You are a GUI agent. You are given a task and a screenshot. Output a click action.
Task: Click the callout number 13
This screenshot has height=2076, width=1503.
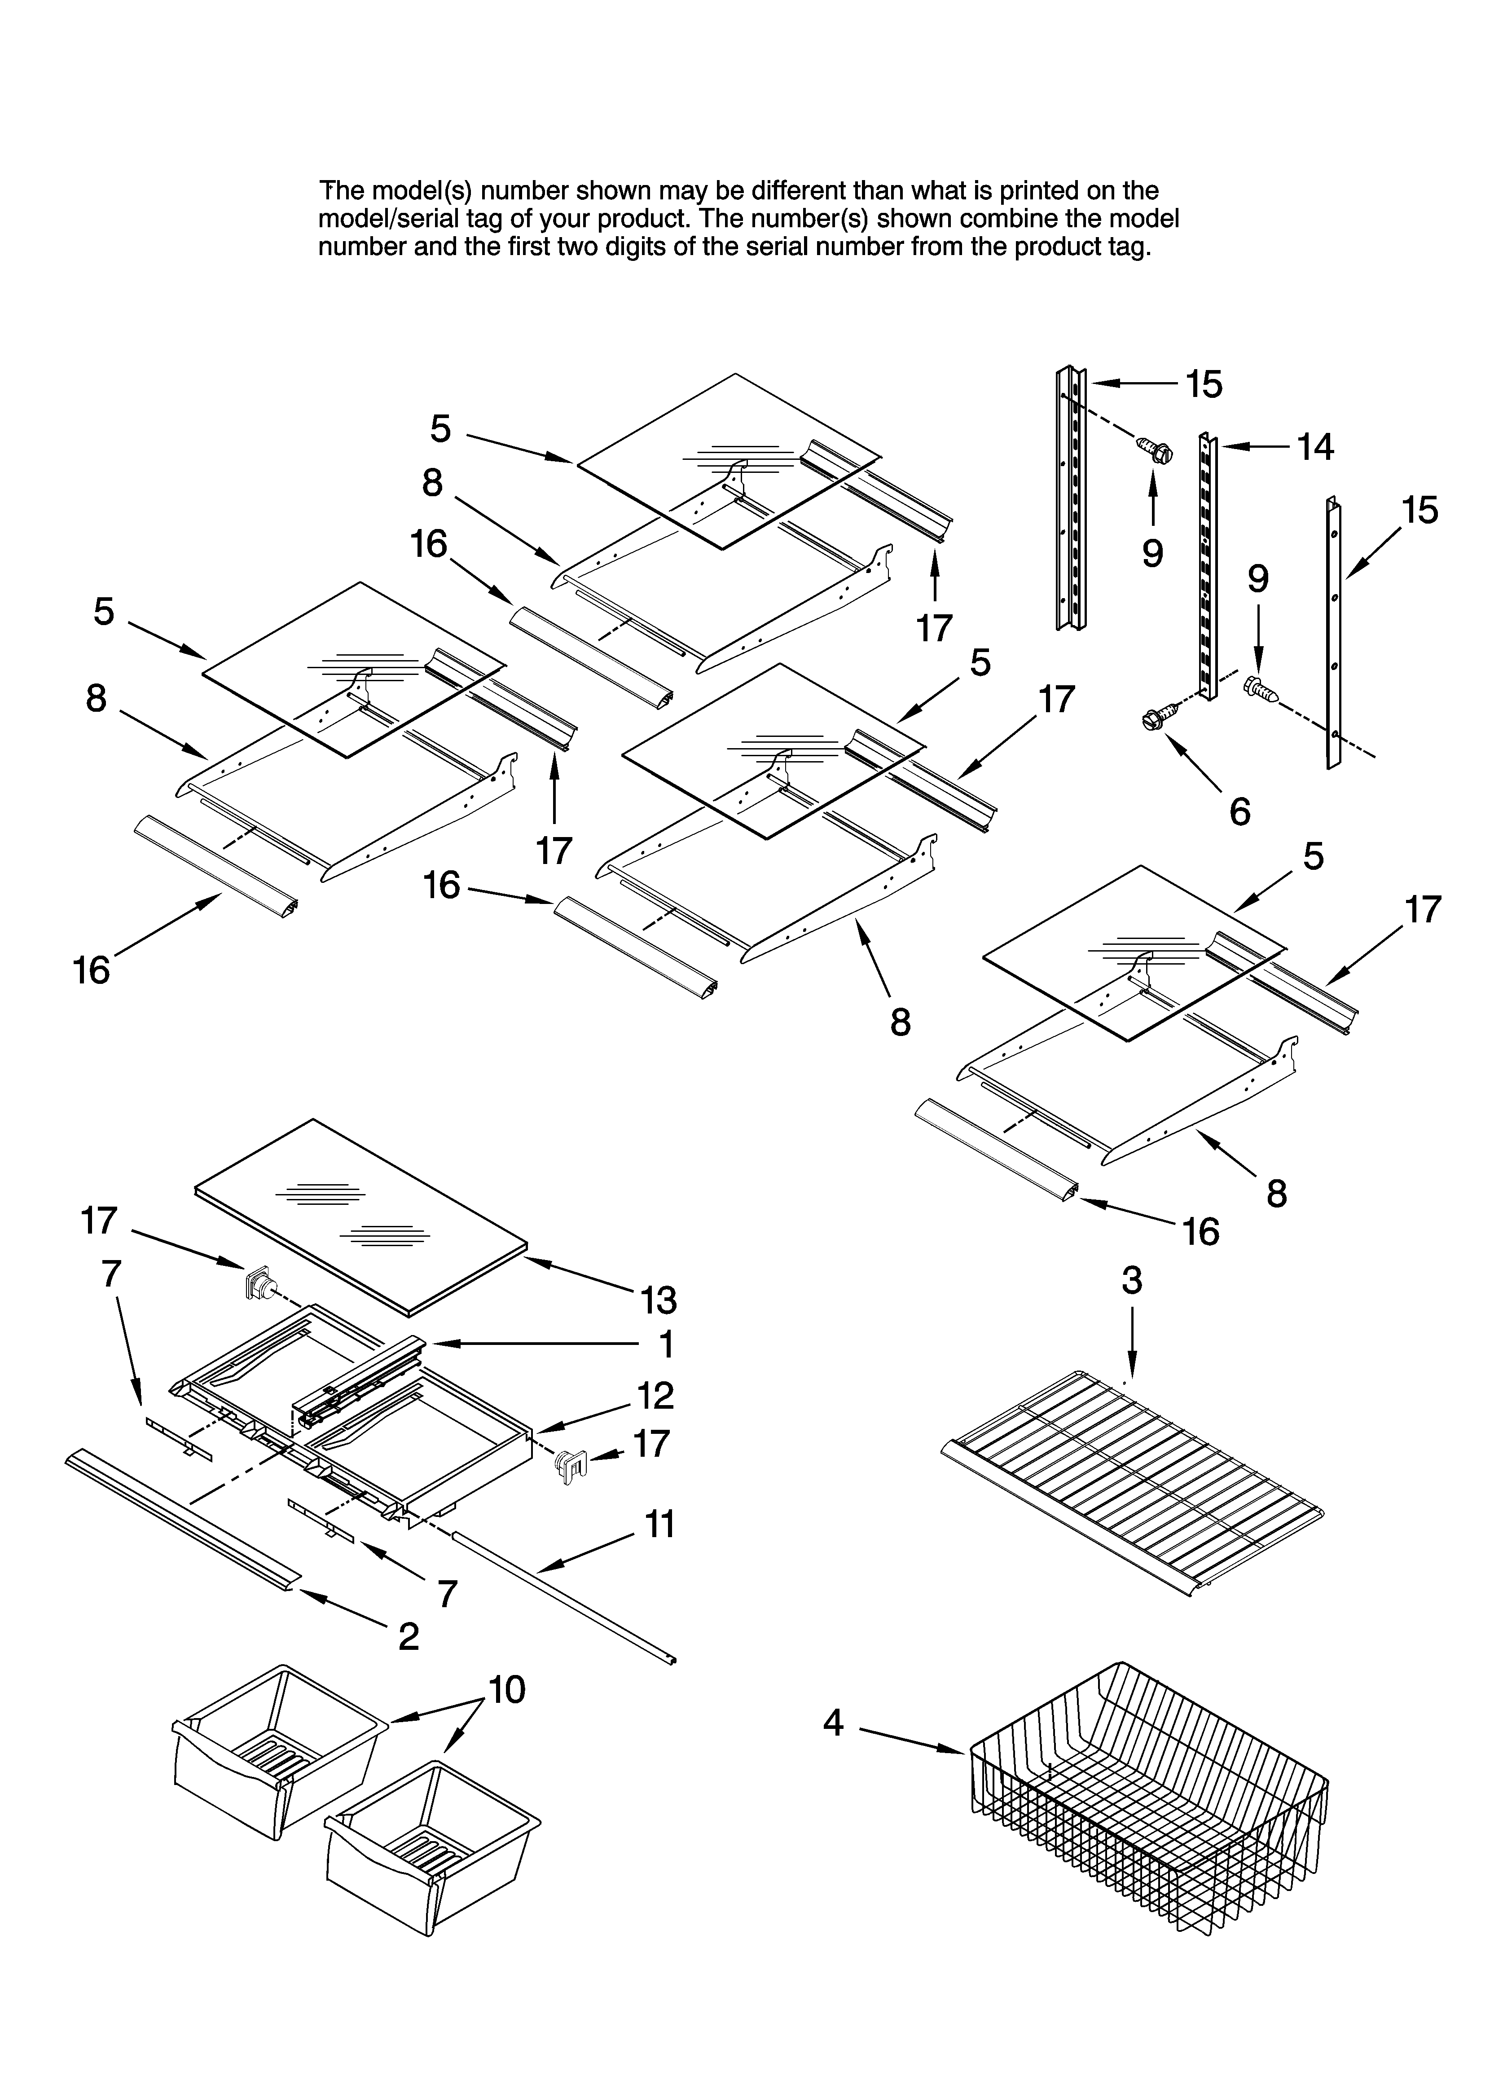pyautogui.click(x=658, y=1300)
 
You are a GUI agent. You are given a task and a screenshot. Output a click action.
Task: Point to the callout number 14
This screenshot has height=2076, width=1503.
pyautogui.click(x=1315, y=448)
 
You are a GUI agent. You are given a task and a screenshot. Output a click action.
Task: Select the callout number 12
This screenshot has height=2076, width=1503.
pyautogui.click(x=655, y=1396)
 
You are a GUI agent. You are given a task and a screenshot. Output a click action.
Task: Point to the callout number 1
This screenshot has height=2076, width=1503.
pyautogui.click(x=666, y=1344)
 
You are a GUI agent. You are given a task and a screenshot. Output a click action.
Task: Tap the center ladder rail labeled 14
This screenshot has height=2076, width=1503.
pyautogui.click(x=1208, y=568)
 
